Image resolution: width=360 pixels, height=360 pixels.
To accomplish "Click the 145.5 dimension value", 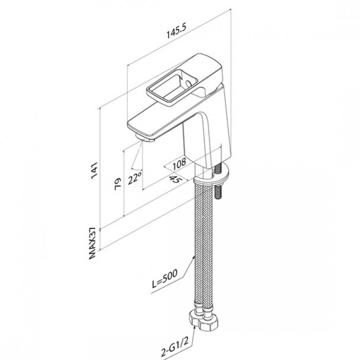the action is [x=177, y=31].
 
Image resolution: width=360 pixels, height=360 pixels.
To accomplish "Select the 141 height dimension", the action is [x=94, y=170].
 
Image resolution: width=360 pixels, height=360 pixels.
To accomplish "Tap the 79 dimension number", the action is [x=118, y=184].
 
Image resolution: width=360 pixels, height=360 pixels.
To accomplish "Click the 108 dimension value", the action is [x=179, y=164].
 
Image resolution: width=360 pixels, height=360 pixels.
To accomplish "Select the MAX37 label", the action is [x=92, y=243].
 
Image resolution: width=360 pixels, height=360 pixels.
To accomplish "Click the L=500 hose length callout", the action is [x=165, y=279].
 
